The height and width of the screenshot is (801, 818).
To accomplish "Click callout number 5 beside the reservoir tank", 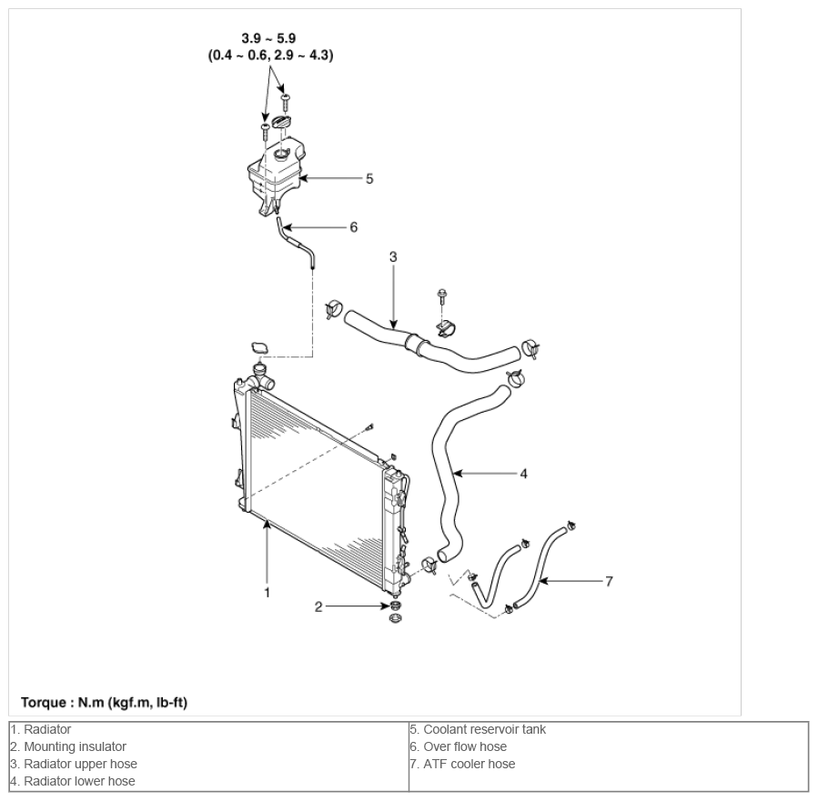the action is tap(369, 179).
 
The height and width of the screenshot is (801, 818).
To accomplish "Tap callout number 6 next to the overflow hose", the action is tap(354, 227).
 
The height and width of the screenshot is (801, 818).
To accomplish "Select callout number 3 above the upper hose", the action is tap(393, 257).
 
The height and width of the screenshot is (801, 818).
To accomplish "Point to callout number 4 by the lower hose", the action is tap(524, 474).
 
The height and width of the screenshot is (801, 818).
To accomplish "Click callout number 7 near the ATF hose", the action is tap(609, 581).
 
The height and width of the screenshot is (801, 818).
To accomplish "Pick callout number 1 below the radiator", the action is tap(268, 593).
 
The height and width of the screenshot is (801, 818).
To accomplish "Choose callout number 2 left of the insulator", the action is tap(318, 607).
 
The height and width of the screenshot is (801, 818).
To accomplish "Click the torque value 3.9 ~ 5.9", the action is tap(268, 38).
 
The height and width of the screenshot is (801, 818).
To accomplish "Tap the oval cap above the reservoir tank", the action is tap(282, 123).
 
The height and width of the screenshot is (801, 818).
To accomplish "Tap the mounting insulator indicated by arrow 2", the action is tap(397, 606).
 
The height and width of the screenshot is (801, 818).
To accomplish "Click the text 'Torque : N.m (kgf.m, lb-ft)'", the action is tap(104, 703).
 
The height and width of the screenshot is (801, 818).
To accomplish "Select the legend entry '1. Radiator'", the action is tap(41, 729).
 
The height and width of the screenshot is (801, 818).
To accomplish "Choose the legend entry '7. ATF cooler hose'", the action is tap(462, 764).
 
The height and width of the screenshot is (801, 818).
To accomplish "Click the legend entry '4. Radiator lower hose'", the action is tap(73, 781).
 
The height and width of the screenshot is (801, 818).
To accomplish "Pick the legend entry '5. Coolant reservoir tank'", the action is tap(478, 729).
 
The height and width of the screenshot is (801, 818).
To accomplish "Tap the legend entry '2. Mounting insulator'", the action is tap(68, 746).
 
